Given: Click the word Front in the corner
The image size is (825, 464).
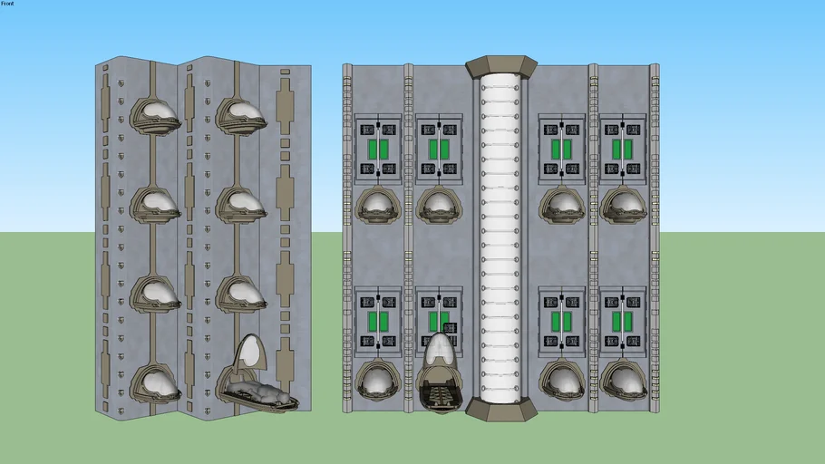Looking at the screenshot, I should [x=8, y=4].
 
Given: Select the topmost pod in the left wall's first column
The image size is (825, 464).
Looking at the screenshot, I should [x=156, y=114].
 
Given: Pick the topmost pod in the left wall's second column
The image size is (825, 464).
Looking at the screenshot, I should [x=242, y=114].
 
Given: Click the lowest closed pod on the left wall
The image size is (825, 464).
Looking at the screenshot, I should [x=156, y=382].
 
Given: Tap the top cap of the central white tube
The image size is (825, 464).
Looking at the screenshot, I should [x=501, y=66].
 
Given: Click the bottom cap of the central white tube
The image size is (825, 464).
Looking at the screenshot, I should [x=501, y=407].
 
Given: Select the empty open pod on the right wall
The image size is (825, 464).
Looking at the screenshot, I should [x=439, y=394].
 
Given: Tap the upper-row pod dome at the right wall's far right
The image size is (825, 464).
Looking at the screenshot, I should [x=623, y=205].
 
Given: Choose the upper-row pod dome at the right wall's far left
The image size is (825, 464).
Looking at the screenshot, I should [x=376, y=205].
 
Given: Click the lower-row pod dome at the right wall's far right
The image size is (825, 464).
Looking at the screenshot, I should [x=623, y=381].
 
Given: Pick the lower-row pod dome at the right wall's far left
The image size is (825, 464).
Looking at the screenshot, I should [x=376, y=381].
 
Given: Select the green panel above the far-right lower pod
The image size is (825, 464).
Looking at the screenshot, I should [x=623, y=321].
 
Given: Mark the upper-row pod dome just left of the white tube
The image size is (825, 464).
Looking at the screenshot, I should [x=439, y=205].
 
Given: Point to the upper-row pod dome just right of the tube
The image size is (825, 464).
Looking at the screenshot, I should [x=561, y=205].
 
